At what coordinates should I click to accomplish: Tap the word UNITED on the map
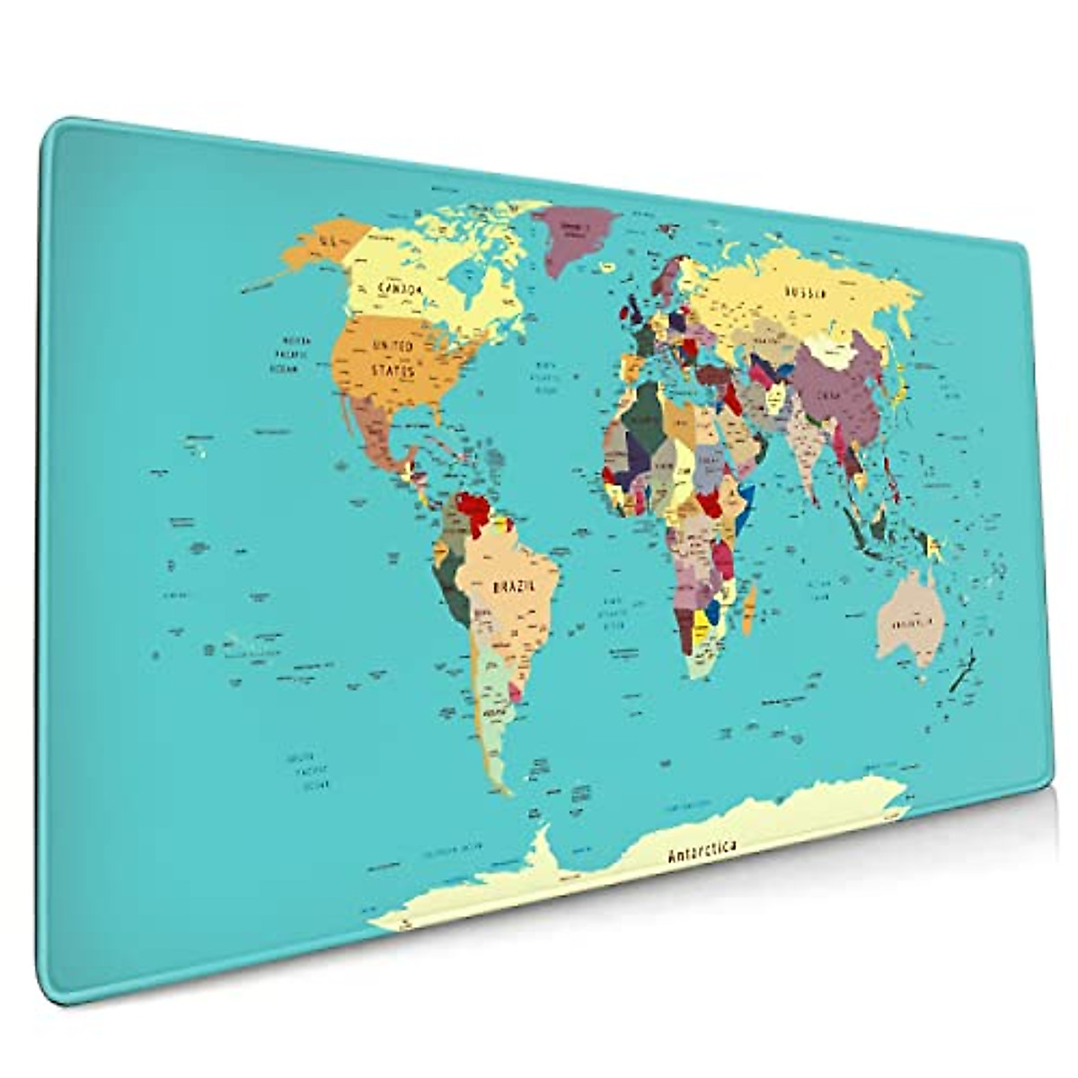(x=393, y=346)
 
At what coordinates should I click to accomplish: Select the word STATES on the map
(x=393, y=370)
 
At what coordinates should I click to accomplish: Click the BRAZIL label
(x=513, y=586)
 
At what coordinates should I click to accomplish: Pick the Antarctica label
(x=702, y=851)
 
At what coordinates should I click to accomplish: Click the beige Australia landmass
(x=909, y=620)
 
